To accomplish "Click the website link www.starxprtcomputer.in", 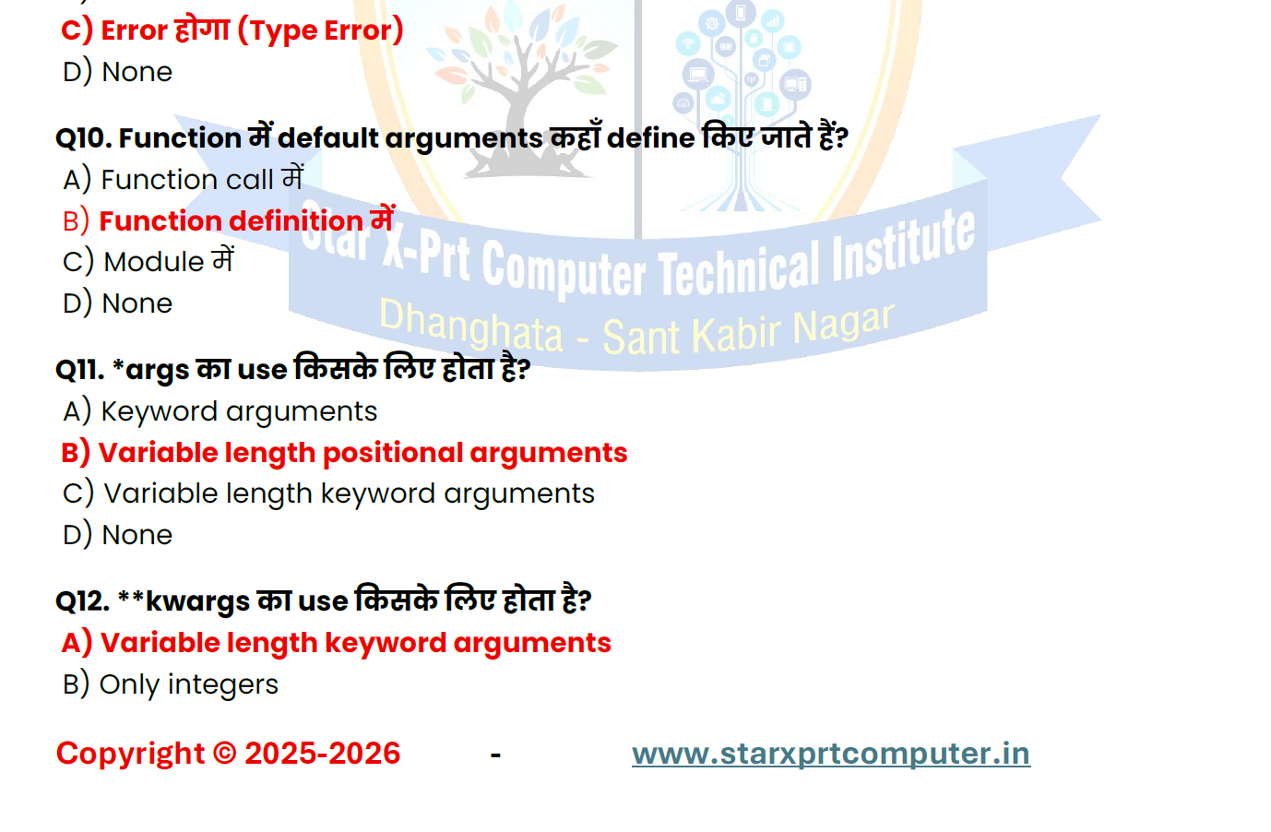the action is click(x=831, y=755).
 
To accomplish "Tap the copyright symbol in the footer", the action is click(x=225, y=754).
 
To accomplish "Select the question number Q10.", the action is click(x=83, y=138).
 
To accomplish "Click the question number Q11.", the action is click(x=80, y=370).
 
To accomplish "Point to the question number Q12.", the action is click(x=82, y=601).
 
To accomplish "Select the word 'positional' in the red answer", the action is click(x=393, y=454).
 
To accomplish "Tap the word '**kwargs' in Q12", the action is click(x=184, y=602).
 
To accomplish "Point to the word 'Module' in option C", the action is click(x=154, y=262).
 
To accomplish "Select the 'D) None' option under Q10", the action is click(x=117, y=303).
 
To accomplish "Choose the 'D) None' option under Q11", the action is click(x=117, y=535).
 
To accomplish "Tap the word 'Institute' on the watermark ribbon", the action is click(x=903, y=247).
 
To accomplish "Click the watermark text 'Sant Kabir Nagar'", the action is click(x=748, y=332).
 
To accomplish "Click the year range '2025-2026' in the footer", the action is click(x=322, y=754).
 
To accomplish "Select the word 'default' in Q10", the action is click(x=328, y=138).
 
